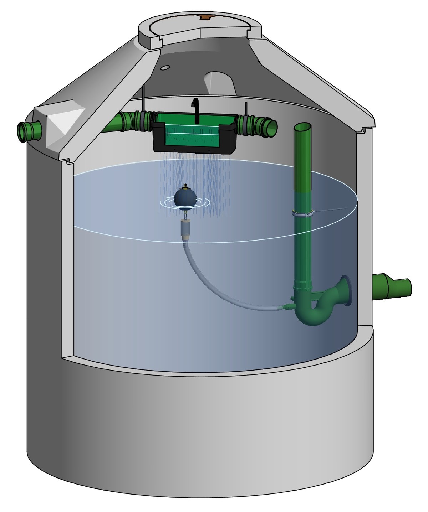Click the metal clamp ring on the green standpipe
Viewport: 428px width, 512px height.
tap(303, 214)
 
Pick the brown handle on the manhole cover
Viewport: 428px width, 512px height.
tap(206, 17)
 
